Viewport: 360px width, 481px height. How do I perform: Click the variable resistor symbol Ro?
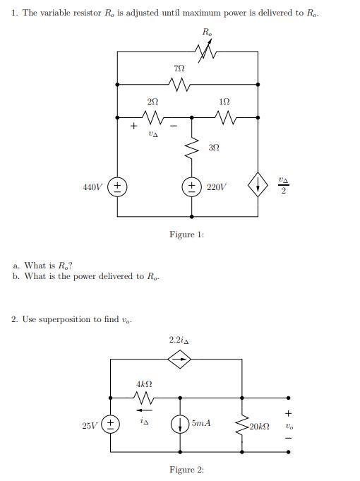pyautogui.click(x=206, y=52)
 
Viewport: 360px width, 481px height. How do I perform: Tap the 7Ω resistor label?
pyautogui.click(x=179, y=69)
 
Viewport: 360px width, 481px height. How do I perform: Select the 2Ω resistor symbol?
pyautogui.click(x=152, y=117)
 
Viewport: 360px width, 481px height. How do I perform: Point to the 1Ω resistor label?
pyautogui.click(x=224, y=102)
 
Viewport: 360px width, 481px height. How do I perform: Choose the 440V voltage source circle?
pyautogui.click(x=117, y=187)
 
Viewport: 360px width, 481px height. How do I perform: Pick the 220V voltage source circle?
pyautogui.click(x=191, y=187)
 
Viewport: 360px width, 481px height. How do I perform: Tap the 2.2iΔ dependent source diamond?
pyautogui.click(x=179, y=360)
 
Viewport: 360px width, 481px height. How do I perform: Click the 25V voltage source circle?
pyautogui.click(x=111, y=425)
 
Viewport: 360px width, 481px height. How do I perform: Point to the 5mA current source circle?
pyautogui.click(x=179, y=425)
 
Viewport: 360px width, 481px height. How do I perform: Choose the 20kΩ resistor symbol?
pyautogui.click(x=242, y=425)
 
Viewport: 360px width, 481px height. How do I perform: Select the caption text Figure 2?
pyautogui.click(x=186, y=470)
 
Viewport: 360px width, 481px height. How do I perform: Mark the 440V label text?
pyautogui.click(x=92, y=188)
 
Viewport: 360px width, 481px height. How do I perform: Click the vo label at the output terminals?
pyautogui.click(x=288, y=426)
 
